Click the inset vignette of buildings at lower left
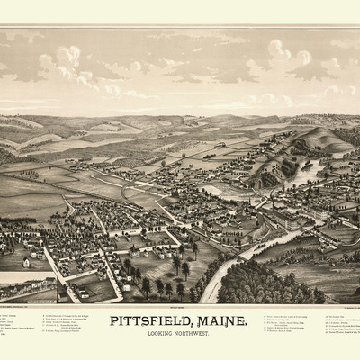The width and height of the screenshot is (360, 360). (27, 291)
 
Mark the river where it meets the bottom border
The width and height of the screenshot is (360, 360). (209, 298)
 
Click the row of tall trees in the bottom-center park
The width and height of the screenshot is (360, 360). (162, 286)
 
